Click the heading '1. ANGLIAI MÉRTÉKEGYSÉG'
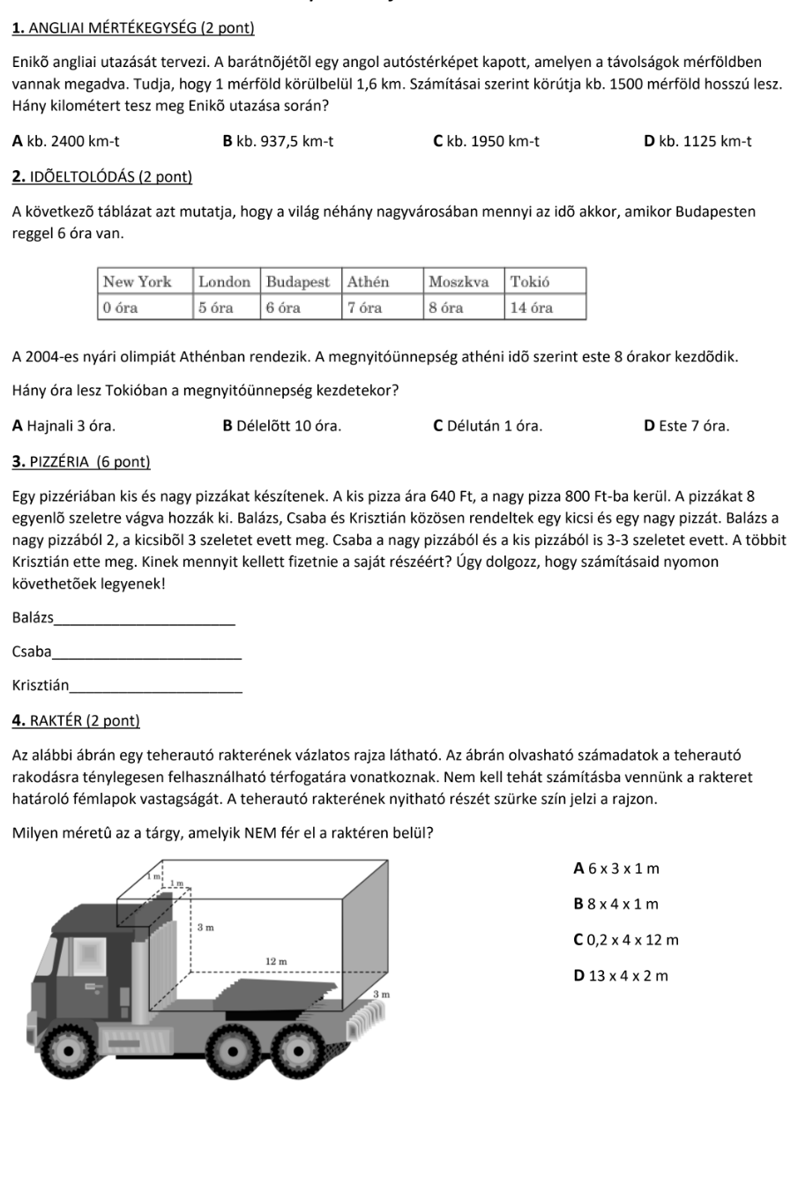(133, 28)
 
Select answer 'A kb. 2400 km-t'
(67, 141)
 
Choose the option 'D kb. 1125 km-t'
(697, 141)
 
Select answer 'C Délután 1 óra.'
(488, 426)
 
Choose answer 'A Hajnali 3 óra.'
(63, 426)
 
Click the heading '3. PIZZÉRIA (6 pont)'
(82, 462)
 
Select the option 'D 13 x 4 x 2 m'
(621, 975)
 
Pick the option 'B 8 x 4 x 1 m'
(615, 904)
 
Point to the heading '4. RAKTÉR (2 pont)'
(77, 720)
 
